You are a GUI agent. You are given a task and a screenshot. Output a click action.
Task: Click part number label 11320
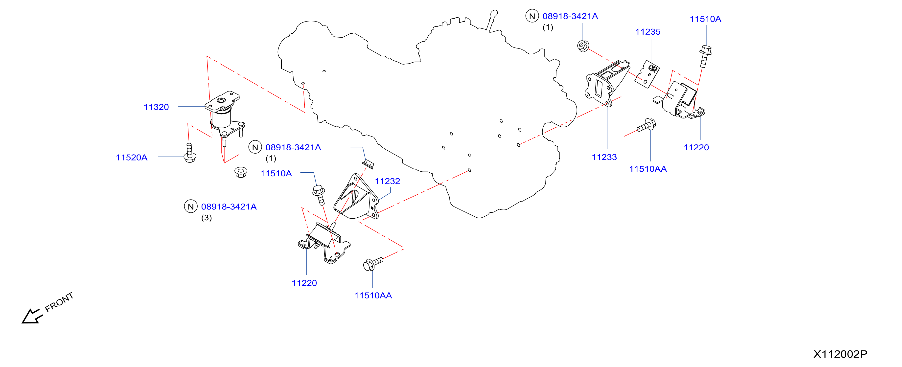(x=156, y=107)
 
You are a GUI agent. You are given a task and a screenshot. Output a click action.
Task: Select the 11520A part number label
(x=132, y=158)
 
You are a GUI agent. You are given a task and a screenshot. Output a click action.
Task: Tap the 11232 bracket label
(x=387, y=182)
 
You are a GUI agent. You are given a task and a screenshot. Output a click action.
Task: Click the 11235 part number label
(x=648, y=32)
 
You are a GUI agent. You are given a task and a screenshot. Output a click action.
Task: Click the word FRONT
(x=59, y=302)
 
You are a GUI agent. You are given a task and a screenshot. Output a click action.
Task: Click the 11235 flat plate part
(x=647, y=74)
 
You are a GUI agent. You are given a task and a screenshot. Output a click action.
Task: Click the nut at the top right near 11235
(x=583, y=46)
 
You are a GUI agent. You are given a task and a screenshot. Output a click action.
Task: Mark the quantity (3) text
(x=206, y=218)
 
